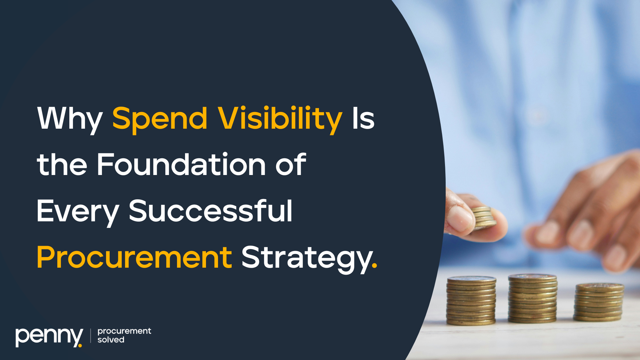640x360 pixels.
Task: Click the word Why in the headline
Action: pyautogui.click(x=70, y=119)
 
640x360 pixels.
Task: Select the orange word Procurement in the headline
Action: pyautogui.click(x=134, y=257)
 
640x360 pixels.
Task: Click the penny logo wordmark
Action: pyautogui.click(x=49, y=337)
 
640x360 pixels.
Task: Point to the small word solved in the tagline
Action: pyautogui.click(x=111, y=340)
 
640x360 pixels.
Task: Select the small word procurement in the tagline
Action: pyautogui.click(x=124, y=331)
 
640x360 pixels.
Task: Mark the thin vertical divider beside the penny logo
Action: pyautogui.click(x=90, y=336)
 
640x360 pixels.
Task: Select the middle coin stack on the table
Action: pyautogui.click(x=532, y=298)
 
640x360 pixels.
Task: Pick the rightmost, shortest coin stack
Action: pyautogui.click(x=599, y=302)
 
